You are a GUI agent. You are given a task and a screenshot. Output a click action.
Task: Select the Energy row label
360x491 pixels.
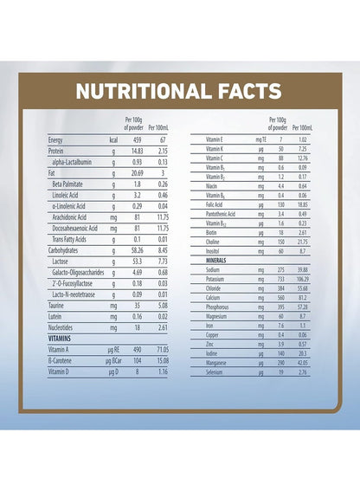[x=55, y=140]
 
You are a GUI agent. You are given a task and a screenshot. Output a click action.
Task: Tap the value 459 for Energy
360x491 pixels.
[x=137, y=140]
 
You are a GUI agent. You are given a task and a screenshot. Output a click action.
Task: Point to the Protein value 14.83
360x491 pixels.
[x=137, y=151]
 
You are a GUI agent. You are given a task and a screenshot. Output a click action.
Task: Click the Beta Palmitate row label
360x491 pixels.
[x=67, y=184]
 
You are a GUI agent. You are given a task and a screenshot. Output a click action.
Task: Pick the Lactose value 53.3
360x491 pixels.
[x=137, y=262]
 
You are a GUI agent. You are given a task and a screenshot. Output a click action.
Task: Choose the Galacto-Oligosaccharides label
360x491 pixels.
[x=78, y=273]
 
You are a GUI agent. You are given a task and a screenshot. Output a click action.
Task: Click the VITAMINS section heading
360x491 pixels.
[x=60, y=339]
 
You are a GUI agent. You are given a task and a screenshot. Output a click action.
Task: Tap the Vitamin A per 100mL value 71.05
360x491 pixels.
[x=163, y=350]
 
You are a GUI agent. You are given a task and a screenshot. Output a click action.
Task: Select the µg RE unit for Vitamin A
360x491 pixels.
[x=114, y=350]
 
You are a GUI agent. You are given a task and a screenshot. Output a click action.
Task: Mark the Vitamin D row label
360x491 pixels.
[x=59, y=371]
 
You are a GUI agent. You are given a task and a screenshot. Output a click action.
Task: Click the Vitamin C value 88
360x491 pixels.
[x=281, y=158]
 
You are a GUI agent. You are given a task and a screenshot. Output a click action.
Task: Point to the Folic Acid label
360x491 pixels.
[x=214, y=204]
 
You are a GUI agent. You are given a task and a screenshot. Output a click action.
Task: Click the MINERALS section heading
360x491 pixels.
[x=216, y=261]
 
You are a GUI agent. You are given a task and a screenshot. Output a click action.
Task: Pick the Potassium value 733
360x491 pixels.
[x=281, y=279]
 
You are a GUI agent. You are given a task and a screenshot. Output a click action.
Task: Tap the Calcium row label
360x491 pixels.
[x=213, y=298]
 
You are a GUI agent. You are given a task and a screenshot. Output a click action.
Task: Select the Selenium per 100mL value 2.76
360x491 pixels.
[x=303, y=372]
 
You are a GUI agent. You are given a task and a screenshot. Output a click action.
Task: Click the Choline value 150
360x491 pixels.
[x=281, y=242]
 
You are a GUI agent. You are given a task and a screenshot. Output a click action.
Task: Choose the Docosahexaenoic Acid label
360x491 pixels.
[x=74, y=229]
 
